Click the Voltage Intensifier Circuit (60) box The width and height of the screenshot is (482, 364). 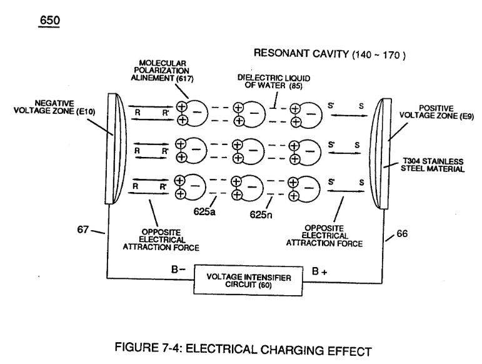(248, 281)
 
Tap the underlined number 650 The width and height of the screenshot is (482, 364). (49, 21)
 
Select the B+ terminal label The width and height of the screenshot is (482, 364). (319, 271)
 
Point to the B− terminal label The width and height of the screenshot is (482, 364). (178, 270)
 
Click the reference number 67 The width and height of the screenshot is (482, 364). (83, 230)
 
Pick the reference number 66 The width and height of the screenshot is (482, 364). (402, 234)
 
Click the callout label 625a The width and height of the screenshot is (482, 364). (204, 212)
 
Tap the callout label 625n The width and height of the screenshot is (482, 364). (261, 215)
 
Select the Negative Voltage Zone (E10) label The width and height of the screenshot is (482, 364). (54, 108)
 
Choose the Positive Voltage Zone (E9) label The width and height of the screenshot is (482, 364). (436, 112)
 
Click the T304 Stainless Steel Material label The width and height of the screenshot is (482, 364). (433, 165)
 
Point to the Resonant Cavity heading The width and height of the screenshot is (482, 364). (329, 54)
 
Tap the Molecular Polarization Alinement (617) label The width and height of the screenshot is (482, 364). (162, 71)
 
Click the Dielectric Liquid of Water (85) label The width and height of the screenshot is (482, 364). (274, 82)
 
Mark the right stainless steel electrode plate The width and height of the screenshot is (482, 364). (381, 154)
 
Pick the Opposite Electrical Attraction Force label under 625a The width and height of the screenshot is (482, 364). (161, 240)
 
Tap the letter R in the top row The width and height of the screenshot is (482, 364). (138, 113)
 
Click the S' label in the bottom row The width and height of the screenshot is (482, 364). (331, 182)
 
